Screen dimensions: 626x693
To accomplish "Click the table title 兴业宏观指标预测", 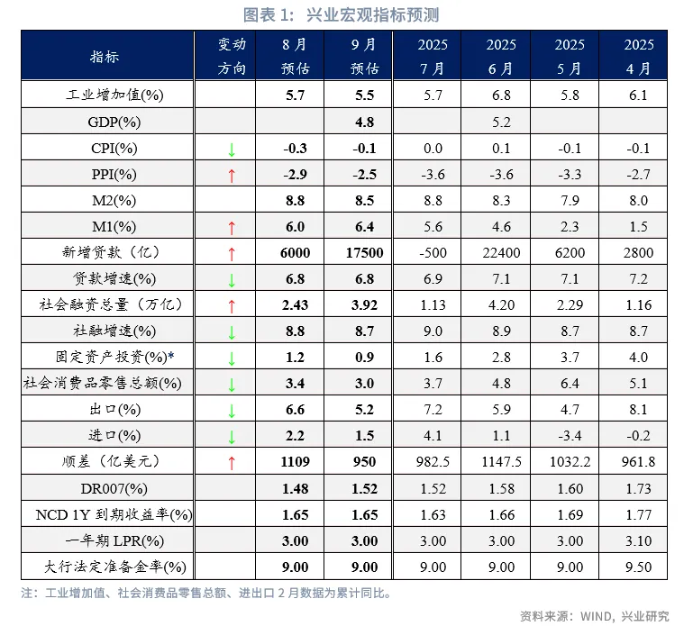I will point(346,15).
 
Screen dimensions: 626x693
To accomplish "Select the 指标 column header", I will point(105,56).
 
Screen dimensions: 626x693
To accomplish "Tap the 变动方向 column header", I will point(232,56).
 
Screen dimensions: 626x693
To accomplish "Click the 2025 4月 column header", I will point(638,56).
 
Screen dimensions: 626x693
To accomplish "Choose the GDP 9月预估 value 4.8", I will point(364,122).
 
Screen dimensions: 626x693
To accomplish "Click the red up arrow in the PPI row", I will point(232,175).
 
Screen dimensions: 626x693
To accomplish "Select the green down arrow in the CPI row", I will point(232,149).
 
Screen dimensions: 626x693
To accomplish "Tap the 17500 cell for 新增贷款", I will point(364,253).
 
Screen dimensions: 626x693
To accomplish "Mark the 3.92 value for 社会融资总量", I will point(364,305).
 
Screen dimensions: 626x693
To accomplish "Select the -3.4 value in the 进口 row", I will point(570,437).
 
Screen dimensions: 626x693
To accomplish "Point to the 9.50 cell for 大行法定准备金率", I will point(638,567).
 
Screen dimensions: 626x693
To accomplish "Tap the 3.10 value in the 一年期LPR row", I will point(638,541).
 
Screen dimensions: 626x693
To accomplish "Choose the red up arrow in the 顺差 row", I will point(232,463).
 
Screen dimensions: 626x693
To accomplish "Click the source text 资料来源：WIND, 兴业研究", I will point(595,615).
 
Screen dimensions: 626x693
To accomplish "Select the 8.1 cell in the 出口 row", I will point(638,411).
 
